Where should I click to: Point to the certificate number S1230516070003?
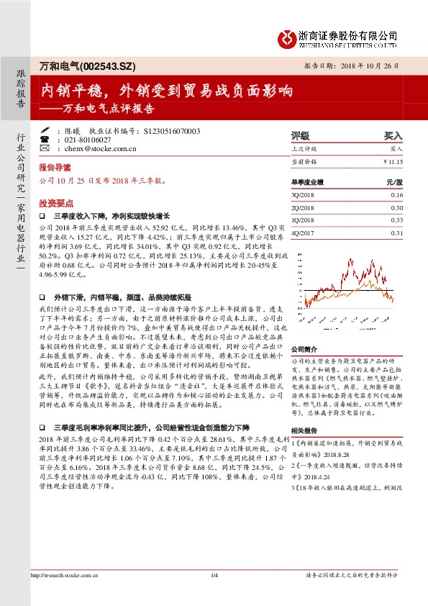(172, 132)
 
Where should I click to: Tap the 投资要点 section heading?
(55, 203)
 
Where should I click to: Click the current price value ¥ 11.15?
(393, 163)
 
